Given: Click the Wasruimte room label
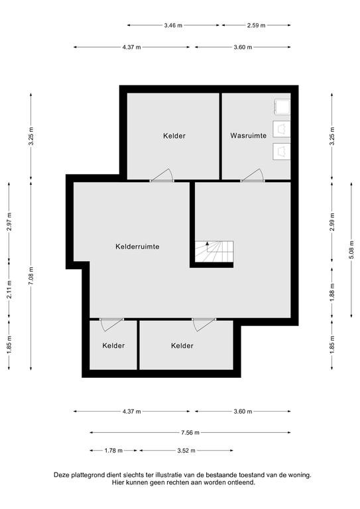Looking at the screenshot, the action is [x=249, y=135].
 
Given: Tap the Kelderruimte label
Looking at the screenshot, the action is [x=137, y=247].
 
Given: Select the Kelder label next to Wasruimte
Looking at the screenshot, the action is [x=174, y=136].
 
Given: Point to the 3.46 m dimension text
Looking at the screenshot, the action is [x=173, y=25].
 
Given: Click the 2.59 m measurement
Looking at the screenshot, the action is [x=256, y=25].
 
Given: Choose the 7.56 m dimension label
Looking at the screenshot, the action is [x=190, y=432].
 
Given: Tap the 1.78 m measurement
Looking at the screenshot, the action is [x=113, y=451].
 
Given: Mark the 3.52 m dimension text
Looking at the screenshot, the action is [x=186, y=451].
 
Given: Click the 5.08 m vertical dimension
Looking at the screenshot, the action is [x=352, y=250].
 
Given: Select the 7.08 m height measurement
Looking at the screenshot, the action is [x=31, y=276].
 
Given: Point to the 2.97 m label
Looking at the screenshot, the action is [x=9, y=222].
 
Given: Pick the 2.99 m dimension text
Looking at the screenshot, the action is [x=332, y=222].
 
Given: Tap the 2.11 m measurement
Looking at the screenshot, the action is [x=9, y=290].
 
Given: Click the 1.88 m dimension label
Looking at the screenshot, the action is [x=332, y=292].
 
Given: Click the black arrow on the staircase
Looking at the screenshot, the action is [x=207, y=245].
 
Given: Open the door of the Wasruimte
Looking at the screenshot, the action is [x=252, y=175].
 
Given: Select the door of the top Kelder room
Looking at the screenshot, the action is [x=162, y=175].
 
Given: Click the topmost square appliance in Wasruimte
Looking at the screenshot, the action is [x=282, y=107].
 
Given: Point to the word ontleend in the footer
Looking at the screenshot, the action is [x=242, y=482].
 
